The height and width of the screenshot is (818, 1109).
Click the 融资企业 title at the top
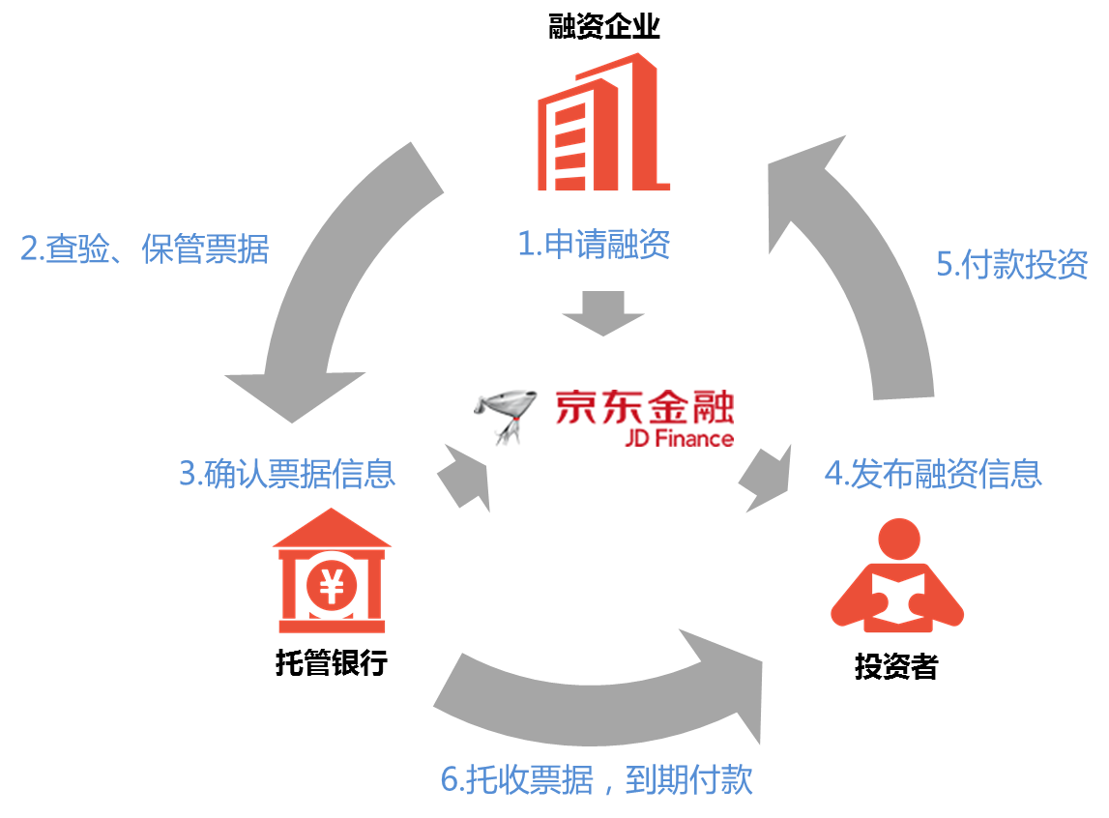coord(603,26)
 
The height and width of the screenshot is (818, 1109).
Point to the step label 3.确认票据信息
coord(286,475)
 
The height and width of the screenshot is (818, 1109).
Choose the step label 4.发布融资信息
coord(932,474)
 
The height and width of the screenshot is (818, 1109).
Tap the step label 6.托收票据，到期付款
coord(597,780)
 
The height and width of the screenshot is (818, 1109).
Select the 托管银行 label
coord(332,663)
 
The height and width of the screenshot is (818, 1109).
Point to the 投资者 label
coord(895,666)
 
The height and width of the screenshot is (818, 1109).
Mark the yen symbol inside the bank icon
coord(332,583)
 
